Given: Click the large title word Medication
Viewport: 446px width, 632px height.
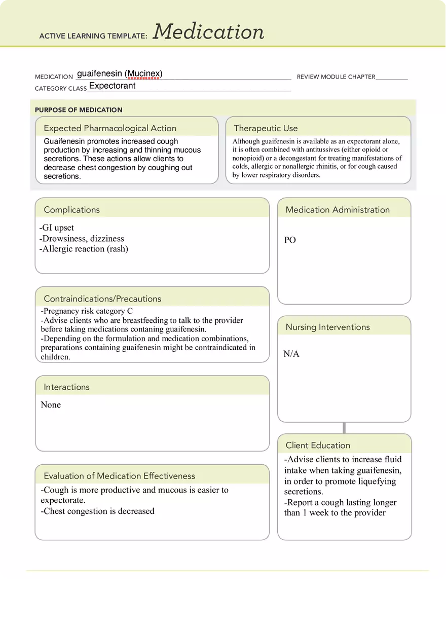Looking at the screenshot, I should (208, 32).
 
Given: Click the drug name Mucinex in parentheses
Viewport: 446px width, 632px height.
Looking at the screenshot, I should (144, 74).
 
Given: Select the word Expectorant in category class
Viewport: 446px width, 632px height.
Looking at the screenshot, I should (112, 86).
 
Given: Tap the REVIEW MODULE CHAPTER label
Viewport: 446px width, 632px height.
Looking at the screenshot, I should (336, 77).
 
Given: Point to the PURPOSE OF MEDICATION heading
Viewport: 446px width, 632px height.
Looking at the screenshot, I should (79, 110).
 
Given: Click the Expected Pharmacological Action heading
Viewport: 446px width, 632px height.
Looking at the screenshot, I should (110, 128).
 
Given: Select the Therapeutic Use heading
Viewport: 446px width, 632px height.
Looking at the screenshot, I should (266, 128).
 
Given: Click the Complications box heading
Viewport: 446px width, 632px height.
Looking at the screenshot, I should (71, 210).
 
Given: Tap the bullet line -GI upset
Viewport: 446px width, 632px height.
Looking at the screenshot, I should (56, 228).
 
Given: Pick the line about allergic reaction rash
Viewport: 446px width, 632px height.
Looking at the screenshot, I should (84, 249).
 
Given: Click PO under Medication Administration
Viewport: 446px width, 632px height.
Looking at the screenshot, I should (290, 240).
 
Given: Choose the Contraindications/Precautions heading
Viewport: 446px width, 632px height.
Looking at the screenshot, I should (102, 299).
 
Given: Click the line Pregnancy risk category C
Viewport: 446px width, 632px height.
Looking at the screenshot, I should (87, 311).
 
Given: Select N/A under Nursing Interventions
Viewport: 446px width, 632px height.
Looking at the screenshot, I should (291, 354).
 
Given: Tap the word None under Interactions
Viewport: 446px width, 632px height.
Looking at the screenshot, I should (51, 405).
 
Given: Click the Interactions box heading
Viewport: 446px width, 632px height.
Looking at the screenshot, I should (66, 387).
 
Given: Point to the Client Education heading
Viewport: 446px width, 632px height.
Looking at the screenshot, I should (318, 445).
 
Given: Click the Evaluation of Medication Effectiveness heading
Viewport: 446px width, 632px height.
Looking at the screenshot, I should (119, 476).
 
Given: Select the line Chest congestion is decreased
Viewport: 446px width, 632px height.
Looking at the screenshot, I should (98, 511).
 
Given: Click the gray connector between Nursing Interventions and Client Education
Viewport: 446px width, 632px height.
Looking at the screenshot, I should (344, 428).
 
